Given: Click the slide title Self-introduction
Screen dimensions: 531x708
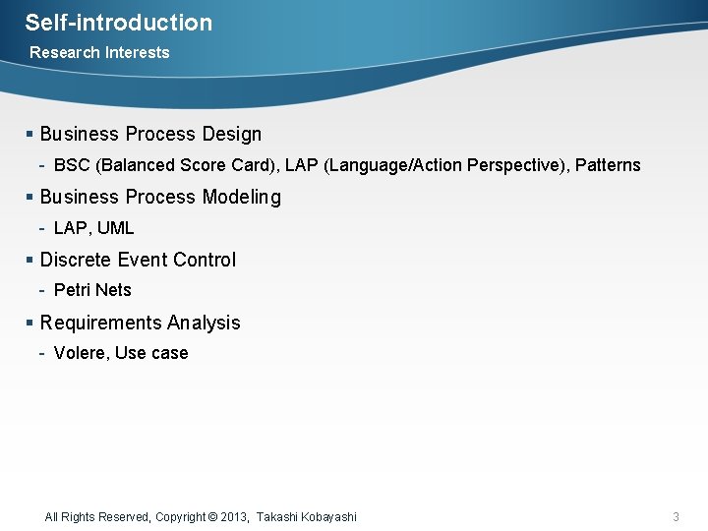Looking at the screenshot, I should [118, 23].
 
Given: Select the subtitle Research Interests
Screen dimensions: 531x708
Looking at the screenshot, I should [99, 53].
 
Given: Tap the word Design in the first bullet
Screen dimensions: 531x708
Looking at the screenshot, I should [231, 135].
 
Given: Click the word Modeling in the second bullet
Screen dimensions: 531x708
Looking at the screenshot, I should [241, 198].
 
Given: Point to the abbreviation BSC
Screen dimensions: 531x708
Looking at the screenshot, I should [72, 166].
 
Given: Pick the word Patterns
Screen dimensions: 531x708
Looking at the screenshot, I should [608, 166].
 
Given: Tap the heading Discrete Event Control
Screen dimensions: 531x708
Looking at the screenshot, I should [138, 261].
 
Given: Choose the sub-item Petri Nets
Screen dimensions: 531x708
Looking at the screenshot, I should [92, 290].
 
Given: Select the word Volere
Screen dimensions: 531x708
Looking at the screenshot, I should [80, 353].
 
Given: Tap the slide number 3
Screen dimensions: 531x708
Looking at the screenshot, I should [676, 517].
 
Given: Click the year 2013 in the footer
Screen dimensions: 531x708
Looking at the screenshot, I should [235, 517].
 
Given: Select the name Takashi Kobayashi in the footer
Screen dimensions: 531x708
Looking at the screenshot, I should [307, 517].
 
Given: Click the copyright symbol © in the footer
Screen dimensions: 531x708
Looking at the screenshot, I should [213, 517].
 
